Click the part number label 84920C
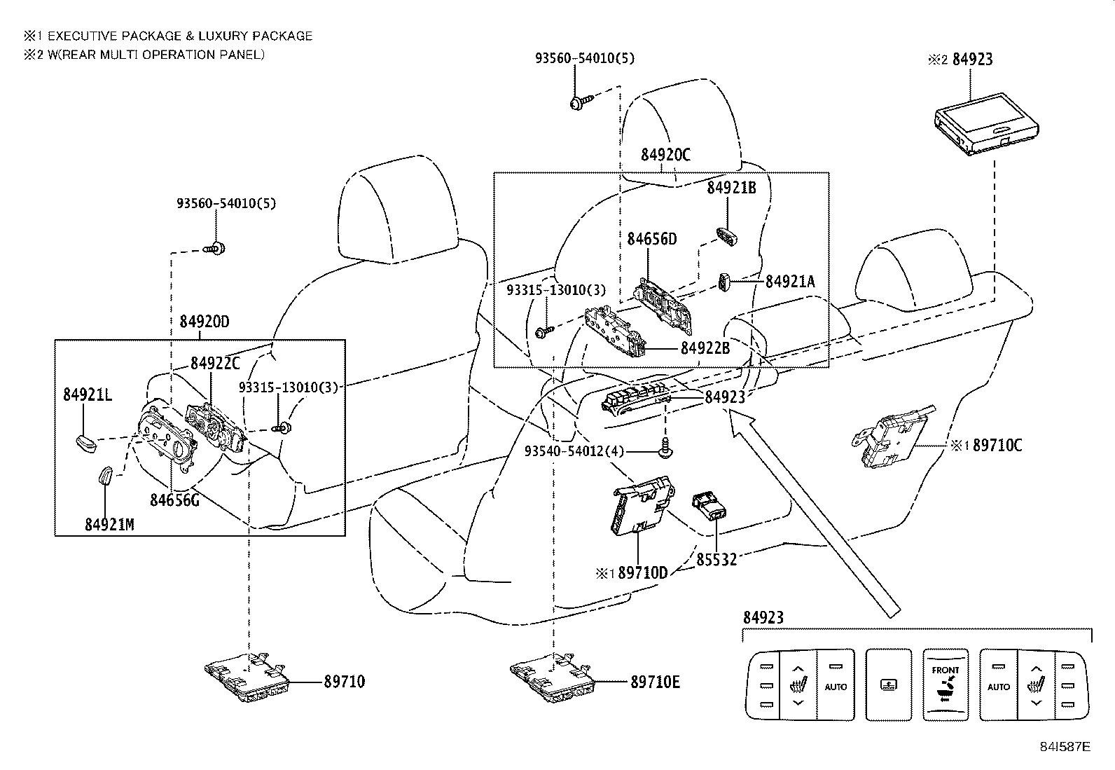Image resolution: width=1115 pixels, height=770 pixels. pyautogui.click(x=665, y=155)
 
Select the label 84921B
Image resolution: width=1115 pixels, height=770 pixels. pyautogui.click(x=731, y=188)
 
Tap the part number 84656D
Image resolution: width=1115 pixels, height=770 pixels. pyautogui.click(x=651, y=239)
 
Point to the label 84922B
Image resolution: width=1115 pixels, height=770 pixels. pyautogui.click(x=705, y=348)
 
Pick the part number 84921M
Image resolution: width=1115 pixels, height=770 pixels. pyautogui.click(x=109, y=525)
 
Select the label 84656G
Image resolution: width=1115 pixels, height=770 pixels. pyautogui.click(x=174, y=500)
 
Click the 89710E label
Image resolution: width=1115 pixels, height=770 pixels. pyautogui.click(x=655, y=682)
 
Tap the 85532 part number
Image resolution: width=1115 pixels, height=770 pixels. pyautogui.click(x=716, y=560)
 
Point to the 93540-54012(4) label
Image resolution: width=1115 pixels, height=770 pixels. pyautogui.click(x=574, y=452)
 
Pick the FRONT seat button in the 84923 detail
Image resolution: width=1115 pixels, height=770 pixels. pyautogui.click(x=945, y=684)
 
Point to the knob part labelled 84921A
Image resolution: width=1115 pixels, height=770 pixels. pyautogui.click(x=725, y=282)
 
